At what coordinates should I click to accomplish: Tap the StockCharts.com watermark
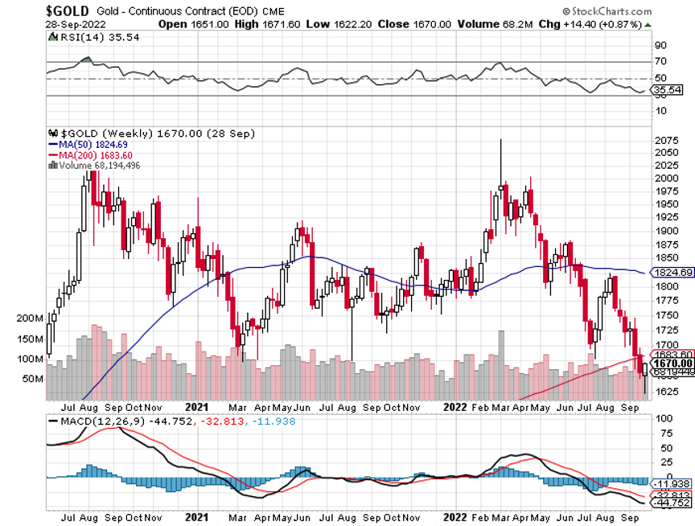(608, 12)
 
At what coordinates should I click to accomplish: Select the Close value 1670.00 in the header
(412, 24)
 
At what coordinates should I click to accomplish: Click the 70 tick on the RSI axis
(660, 61)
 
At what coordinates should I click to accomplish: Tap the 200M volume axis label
(31, 318)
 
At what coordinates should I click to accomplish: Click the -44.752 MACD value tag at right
(672, 503)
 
